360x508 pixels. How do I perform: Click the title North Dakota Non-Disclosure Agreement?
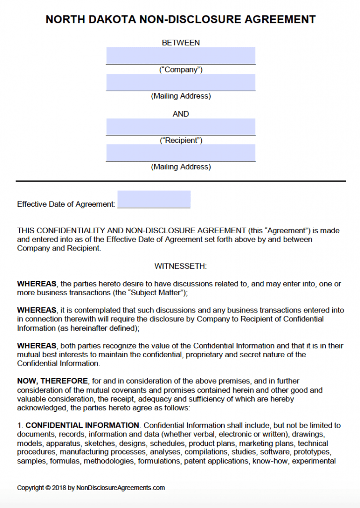(180, 19)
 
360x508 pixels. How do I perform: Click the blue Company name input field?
(180, 56)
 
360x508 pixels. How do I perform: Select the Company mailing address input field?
(180, 82)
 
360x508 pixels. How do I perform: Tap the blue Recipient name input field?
(180, 127)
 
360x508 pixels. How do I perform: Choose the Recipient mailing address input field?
(180, 153)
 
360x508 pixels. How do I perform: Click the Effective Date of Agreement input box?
(154, 199)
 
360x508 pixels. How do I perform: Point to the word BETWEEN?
(180, 43)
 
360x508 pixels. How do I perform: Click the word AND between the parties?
(180, 114)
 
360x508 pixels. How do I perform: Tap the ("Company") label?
(180, 69)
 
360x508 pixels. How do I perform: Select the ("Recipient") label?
(180, 140)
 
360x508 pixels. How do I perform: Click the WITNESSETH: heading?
(180, 266)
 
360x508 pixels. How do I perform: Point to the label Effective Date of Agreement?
(66, 204)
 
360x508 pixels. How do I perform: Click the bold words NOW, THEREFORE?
(53, 381)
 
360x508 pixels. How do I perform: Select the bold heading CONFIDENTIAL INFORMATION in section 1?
(82, 425)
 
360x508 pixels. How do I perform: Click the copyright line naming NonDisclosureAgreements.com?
(91, 488)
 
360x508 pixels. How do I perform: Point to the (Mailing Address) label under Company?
(180, 96)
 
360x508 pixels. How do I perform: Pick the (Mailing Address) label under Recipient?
(180, 167)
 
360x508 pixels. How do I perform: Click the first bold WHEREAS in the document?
(37, 284)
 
